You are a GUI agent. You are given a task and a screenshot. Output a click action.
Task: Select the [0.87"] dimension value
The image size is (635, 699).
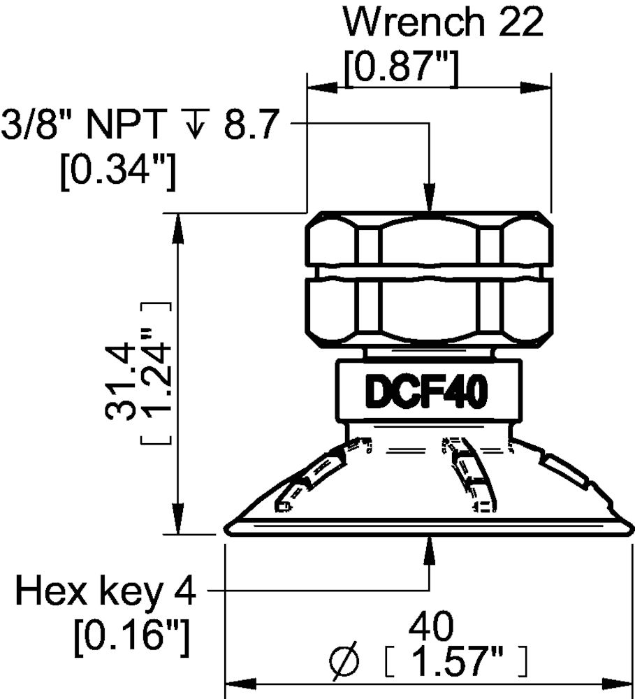tap(402, 68)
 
